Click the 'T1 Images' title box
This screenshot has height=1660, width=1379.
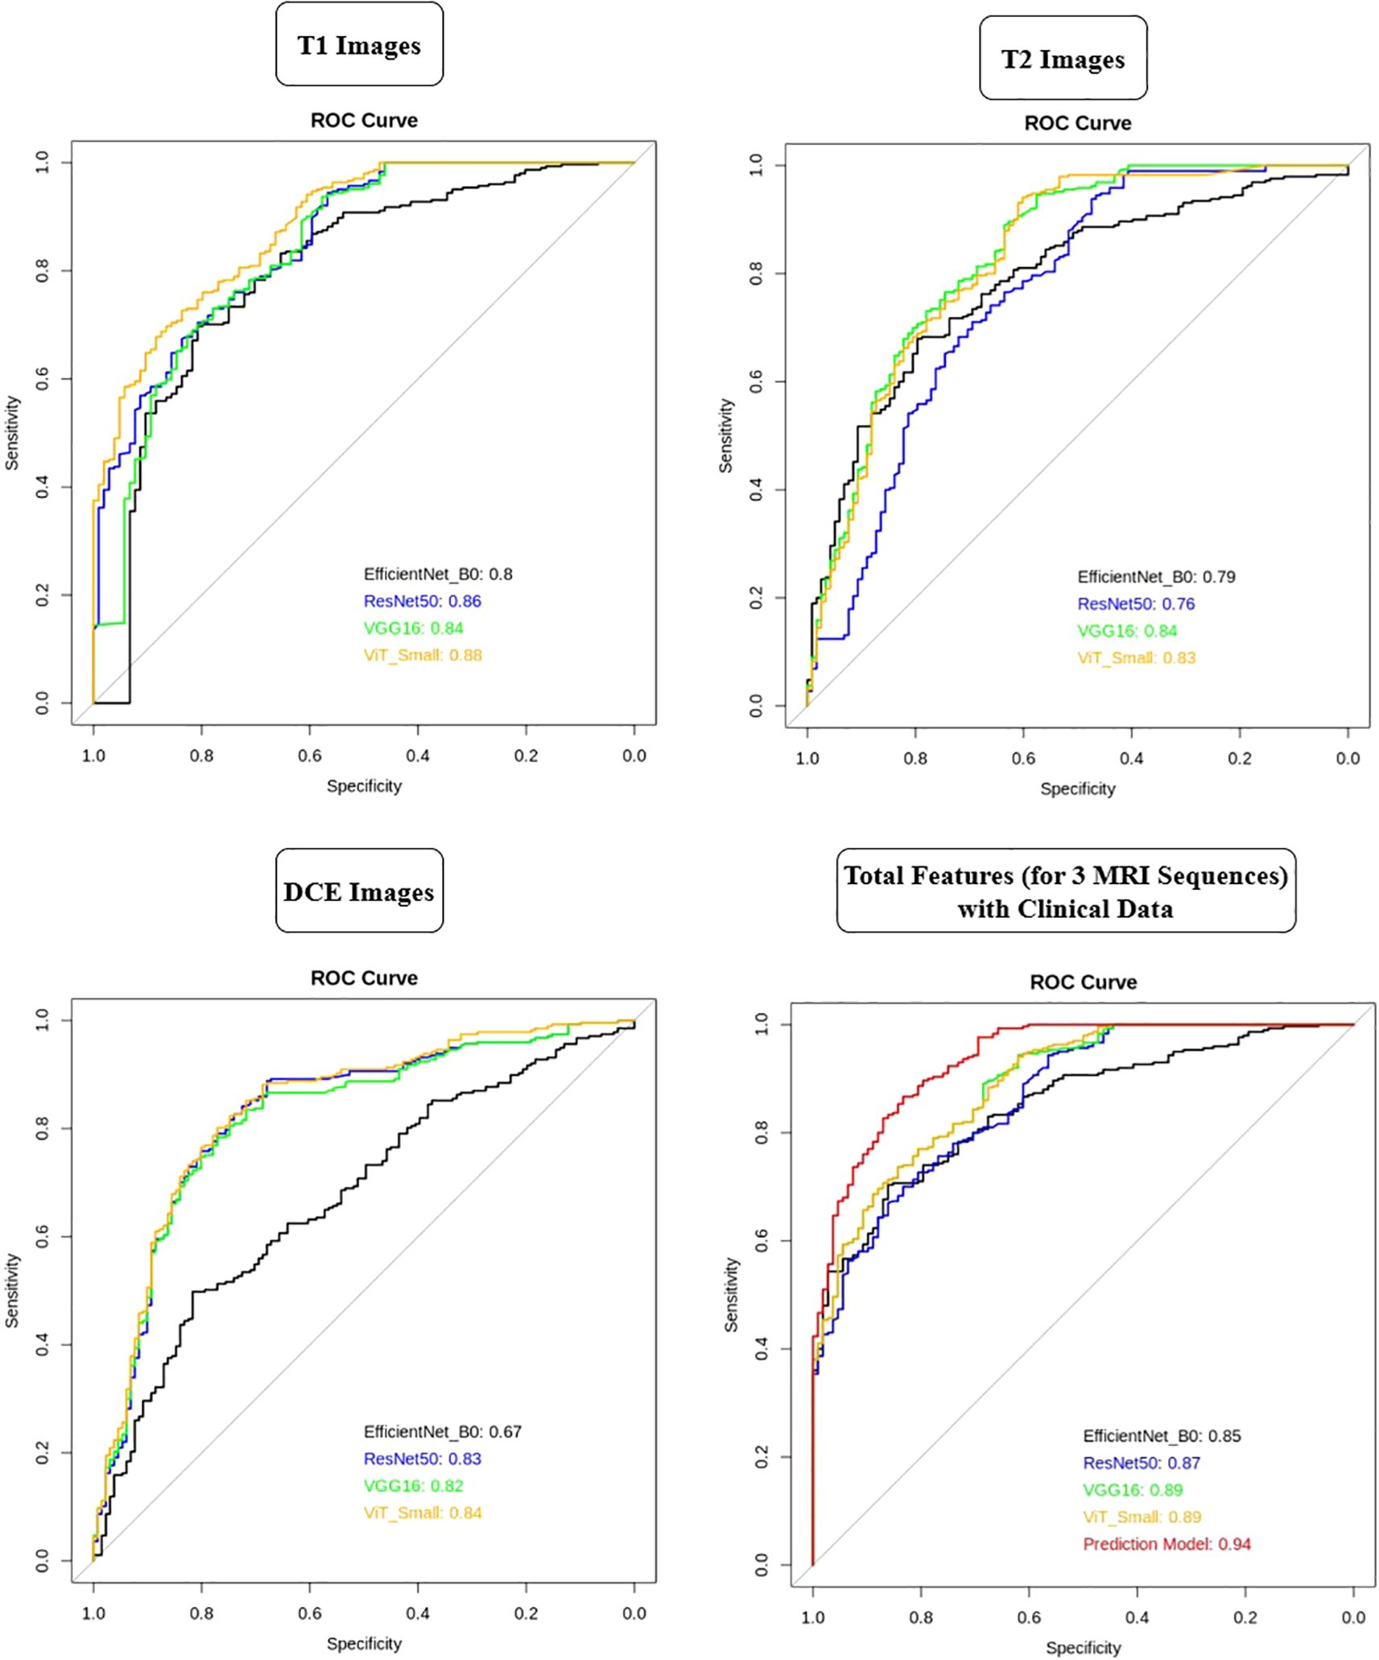point(359,45)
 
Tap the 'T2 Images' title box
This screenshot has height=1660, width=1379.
point(1063,59)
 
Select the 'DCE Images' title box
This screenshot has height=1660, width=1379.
point(359,892)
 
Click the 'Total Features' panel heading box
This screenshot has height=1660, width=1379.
point(1066,892)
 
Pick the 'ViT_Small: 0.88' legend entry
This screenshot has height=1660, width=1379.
point(423,655)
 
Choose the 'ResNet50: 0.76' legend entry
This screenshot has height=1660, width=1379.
point(1136,603)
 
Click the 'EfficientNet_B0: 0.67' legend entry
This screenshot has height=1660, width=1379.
point(442,1431)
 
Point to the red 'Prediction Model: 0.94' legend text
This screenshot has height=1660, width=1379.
point(1166,1543)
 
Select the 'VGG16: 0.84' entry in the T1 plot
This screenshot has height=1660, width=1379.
point(414,628)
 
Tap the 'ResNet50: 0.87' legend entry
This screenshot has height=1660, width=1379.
point(1141,1463)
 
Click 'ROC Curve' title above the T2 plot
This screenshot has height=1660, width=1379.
point(1077,123)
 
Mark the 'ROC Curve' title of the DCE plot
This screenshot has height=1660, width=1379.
point(364,978)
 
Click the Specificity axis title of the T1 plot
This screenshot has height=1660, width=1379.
point(364,786)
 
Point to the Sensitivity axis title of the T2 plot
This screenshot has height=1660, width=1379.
point(726,435)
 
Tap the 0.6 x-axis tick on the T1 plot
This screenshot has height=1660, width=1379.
point(310,756)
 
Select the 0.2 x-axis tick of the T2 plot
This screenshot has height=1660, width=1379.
point(1240,758)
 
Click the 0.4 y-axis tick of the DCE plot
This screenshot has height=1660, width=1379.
point(43,1345)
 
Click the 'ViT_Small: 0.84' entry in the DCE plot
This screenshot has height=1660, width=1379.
point(423,1513)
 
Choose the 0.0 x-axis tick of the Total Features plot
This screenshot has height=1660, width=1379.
point(1353,1617)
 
